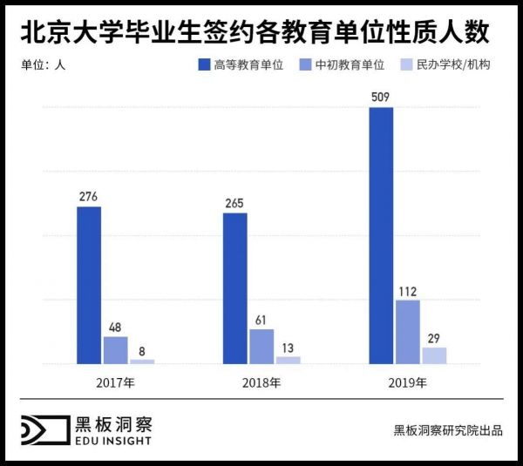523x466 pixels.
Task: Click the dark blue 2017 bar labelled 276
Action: (89, 284)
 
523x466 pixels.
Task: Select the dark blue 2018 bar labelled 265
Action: (235, 287)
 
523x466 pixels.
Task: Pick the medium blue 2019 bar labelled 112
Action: (407, 331)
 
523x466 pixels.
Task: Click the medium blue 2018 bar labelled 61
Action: (261, 346)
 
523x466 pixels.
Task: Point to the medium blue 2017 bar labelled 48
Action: (116, 349)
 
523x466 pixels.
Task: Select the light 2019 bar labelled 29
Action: (434, 355)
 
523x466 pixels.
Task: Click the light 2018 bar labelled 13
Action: (288, 359)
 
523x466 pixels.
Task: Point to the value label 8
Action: (142, 351)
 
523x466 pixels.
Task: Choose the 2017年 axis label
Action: (116, 382)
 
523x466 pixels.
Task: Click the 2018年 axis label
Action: (261, 382)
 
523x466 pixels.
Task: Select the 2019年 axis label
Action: (407, 382)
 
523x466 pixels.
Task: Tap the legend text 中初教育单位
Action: (350, 64)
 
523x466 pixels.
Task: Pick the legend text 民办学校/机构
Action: (453, 64)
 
